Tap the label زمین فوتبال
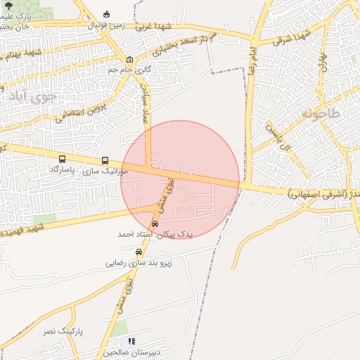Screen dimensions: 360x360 pos(106,25)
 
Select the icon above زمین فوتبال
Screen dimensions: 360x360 pos(106,14)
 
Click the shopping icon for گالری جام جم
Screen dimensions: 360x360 pos(129,59)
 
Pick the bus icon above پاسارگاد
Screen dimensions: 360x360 pos(63,160)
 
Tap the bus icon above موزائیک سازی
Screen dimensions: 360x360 pos(105,160)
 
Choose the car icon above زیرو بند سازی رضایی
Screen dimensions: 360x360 pos(139,252)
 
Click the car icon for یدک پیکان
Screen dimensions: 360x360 pos(155,224)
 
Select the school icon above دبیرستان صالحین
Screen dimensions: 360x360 pos(133,341)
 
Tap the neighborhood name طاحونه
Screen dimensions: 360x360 pos(319,112)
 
